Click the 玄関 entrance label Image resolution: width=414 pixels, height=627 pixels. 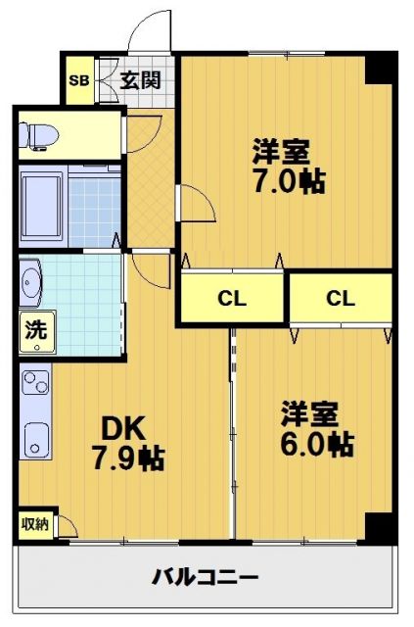click(141, 79)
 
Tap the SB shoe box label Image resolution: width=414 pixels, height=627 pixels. click(77, 80)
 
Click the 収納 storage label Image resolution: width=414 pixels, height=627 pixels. click(34, 524)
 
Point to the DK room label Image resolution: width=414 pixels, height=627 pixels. click(124, 428)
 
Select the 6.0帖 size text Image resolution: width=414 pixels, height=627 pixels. click(315, 444)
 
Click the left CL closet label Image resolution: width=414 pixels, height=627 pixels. click(231, 299)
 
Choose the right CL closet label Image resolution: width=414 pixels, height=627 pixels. click(340, 299)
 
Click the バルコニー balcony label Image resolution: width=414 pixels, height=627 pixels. click(206, 576)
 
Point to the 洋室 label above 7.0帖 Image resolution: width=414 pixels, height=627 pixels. click(282, 151)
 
